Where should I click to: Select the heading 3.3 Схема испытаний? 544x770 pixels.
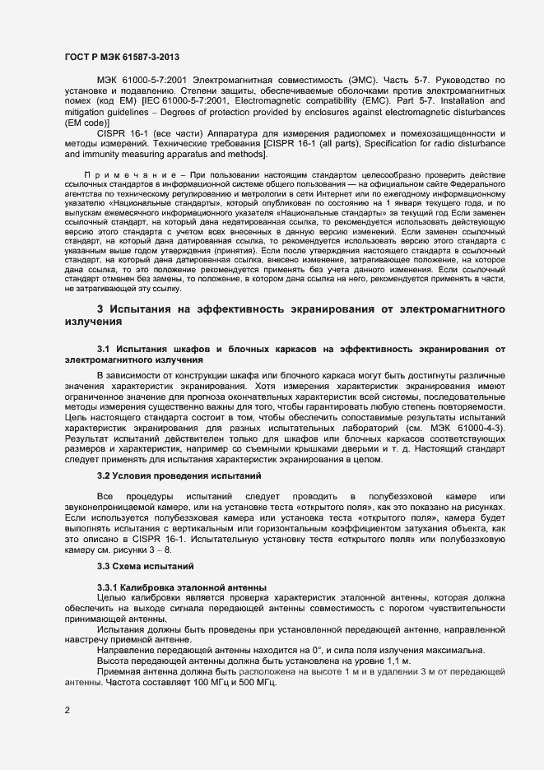click(145, 567)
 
